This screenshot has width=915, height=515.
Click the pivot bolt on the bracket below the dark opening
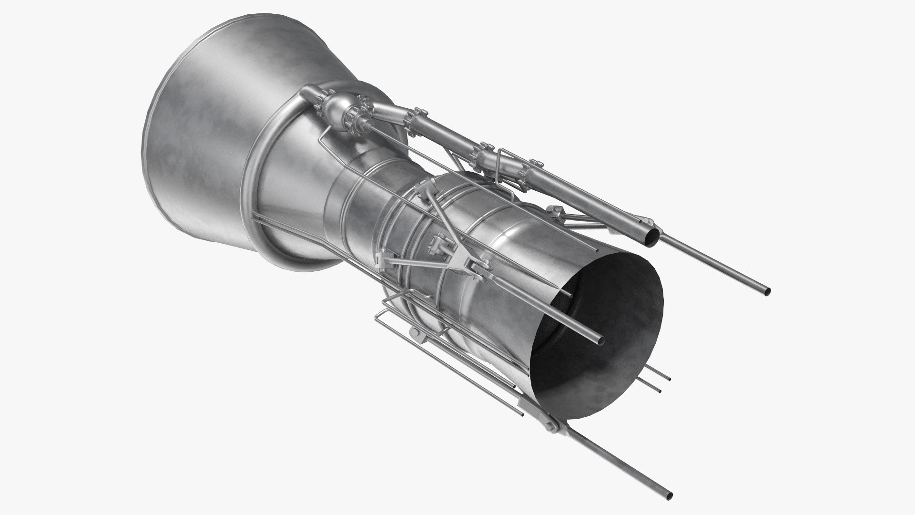(551, 423)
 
